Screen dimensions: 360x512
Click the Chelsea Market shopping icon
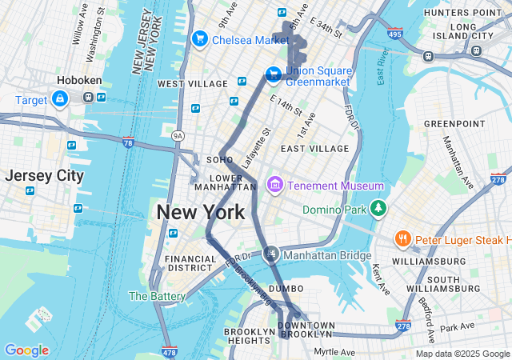[199, 38]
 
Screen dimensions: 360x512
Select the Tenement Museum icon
[274, 186]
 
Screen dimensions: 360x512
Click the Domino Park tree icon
[378, 210]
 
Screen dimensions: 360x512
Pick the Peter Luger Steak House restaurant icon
[403, 239]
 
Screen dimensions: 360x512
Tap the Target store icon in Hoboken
[59, 98]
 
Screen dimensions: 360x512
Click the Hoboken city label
[78, 81]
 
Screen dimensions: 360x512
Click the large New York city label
[200, 213]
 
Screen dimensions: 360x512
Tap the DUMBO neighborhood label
[286, 288]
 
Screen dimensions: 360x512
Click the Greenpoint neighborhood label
[454, 123]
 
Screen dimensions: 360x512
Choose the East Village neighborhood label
[314, 148]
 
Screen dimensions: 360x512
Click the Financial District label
[190, 264]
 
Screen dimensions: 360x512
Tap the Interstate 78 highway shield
[128, 142]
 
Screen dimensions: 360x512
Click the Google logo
[26, 350]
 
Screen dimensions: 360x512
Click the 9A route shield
[178, 136]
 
